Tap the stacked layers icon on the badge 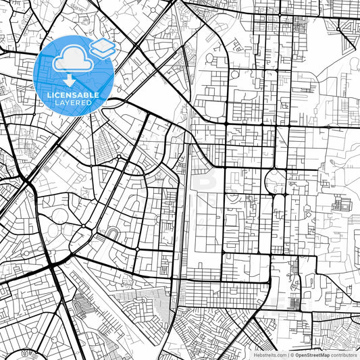point(102,49)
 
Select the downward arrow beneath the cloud point(70,80)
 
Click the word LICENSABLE point(73,95)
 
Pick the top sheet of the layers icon point(102,45)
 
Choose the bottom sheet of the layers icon point(102,53)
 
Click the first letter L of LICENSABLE point(49,95)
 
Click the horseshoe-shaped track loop point(113,234)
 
